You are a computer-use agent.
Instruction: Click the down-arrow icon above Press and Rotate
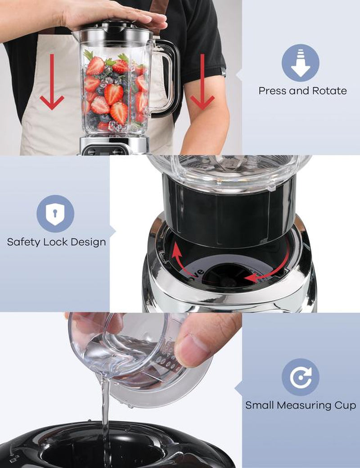click(x=300, y=63)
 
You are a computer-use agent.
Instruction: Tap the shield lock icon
click(x=55, y=213)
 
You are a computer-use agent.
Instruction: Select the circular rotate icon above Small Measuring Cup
click(x=300, y=377)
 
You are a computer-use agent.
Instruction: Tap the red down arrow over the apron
click(x=52, y=83)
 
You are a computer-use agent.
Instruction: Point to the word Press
click(x=272, y=90)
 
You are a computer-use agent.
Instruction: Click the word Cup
click(x=345, y=405)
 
